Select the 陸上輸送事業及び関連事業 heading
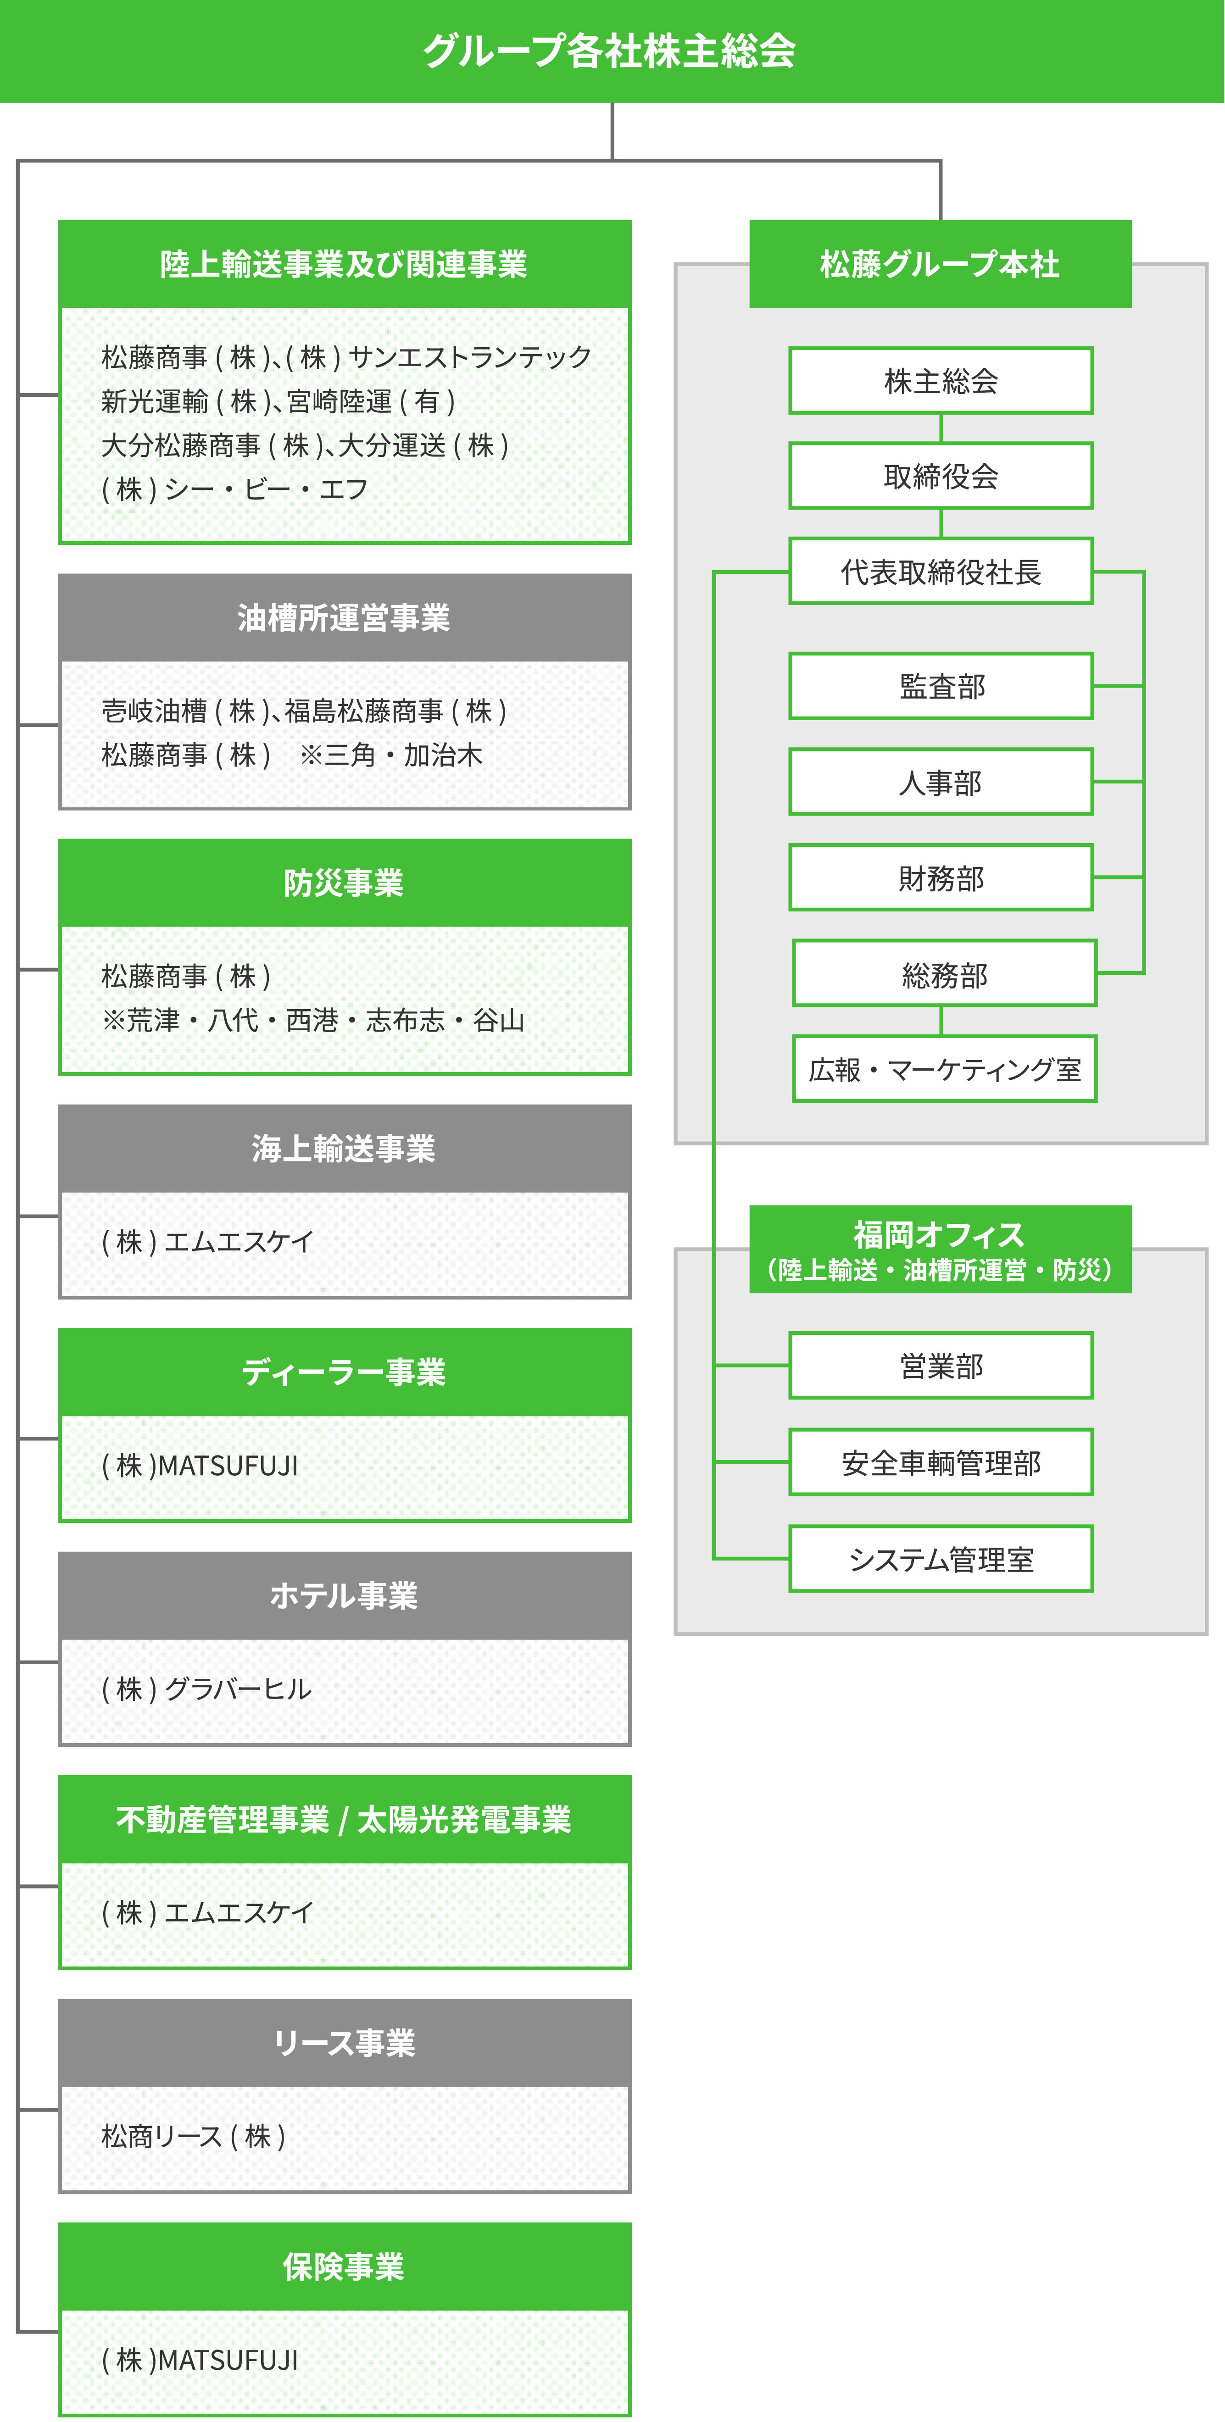[x=344, y=264]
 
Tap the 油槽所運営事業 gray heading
[x=344, y=618]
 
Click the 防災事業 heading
[x=344, y=883]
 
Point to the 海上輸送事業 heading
[x=344, y=1148]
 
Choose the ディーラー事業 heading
[x=344, y=1372]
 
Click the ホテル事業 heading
[x=344, y=1595]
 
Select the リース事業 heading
[x=344, y=2043]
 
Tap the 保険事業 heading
[x=344, y=2267]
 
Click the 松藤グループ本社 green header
[x=940, y=264]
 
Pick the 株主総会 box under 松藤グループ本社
[x=941, y=381]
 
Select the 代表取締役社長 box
[x=941, y=572]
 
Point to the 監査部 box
[x=941, y=686]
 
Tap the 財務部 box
[x=941, y=878]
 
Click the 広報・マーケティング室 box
[x=945, y=1069]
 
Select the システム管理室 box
[x=941, y=1559]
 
